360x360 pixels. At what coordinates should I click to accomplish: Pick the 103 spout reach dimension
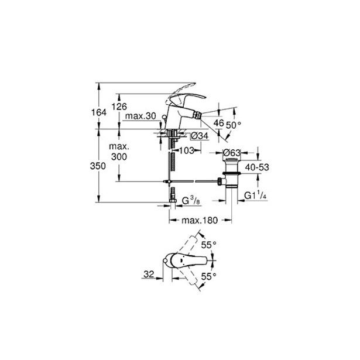[x=187, y=151]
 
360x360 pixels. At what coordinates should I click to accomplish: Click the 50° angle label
[x=233, y=126]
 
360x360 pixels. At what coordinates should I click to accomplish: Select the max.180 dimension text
[x=200, y=221]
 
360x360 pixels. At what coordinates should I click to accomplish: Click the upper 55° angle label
[x=208, y=245]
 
